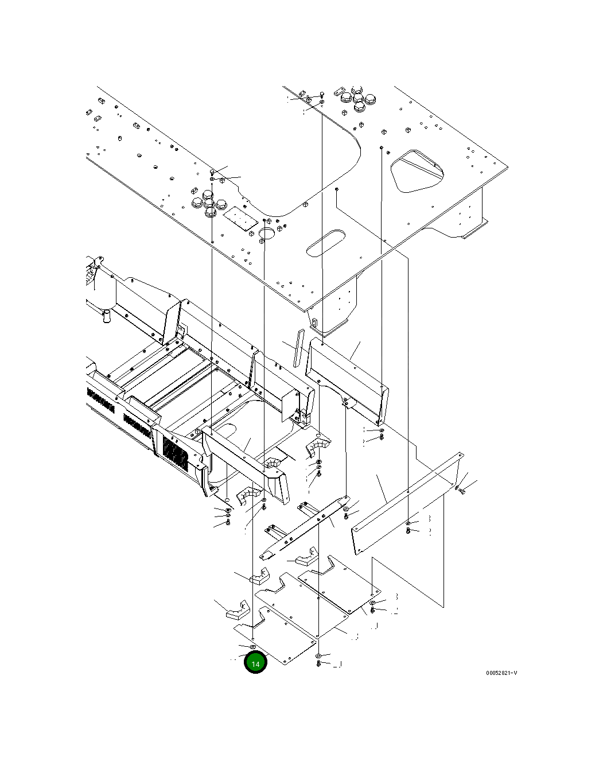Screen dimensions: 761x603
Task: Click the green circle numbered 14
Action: [255, 663]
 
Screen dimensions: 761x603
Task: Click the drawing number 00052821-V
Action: [501, 673]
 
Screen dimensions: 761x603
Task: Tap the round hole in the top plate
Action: [267, 232]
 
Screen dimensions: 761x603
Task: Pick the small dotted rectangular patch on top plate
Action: [239, 219]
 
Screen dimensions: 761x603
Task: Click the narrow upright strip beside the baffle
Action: [297, 347]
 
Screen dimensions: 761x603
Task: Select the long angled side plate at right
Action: [407, 502]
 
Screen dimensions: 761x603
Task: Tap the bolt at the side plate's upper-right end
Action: [462, 491]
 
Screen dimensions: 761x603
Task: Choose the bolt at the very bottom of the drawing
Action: [319, 664]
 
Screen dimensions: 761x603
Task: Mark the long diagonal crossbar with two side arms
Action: [304, 528]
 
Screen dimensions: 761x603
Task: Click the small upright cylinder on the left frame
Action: [106, 316]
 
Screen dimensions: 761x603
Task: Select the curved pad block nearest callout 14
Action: [236, 610]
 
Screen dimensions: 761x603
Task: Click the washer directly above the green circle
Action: [253, 647]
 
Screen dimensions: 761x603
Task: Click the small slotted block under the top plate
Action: [314, 323]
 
